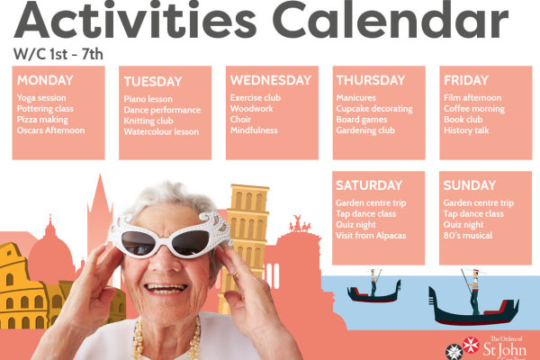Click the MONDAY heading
pos(45,80)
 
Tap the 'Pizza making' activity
pos(42,120)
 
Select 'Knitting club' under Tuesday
pos(148,121)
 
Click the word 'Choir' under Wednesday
pos(240,119)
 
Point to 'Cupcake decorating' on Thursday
pos(374,109)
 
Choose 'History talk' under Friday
pos(466,130)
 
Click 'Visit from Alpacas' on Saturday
pos(371,236)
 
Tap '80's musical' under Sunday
pos(468,236)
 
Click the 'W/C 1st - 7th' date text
pos(58,54)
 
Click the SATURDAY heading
pos(369,185)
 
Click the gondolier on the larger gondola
pos(474,292)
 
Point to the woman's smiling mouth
pos(166,289)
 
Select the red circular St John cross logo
pos(471,346)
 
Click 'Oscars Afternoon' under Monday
pos(50,130)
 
